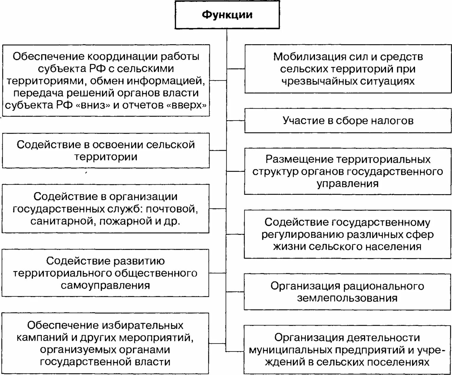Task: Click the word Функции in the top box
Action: coord(227,15)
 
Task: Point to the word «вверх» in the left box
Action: coord(187,105)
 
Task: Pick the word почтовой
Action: coord(172,209)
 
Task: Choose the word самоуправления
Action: coord(105,285)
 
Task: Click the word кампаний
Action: coord(42,337)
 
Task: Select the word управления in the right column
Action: coord(348,184)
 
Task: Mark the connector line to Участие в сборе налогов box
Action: coord(236,120)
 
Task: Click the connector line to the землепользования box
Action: coord(235,292)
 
